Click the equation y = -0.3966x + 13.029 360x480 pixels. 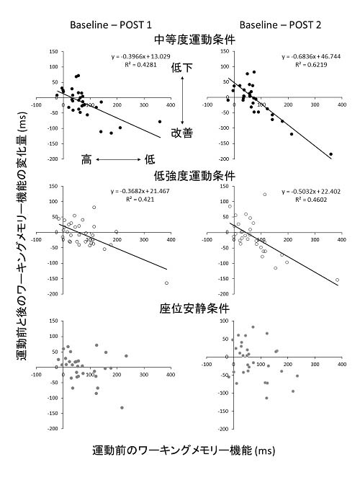[x=140, y=55]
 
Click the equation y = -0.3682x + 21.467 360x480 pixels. [x=140, y=191]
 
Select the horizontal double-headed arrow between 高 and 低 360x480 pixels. [x=118, y=159]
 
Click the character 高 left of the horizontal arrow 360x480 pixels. [x=86, y=159]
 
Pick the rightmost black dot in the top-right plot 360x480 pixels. [x=330, y=154]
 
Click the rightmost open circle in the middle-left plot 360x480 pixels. [x=167, y=283]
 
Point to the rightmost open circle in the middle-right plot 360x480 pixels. [x=336, y=280]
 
